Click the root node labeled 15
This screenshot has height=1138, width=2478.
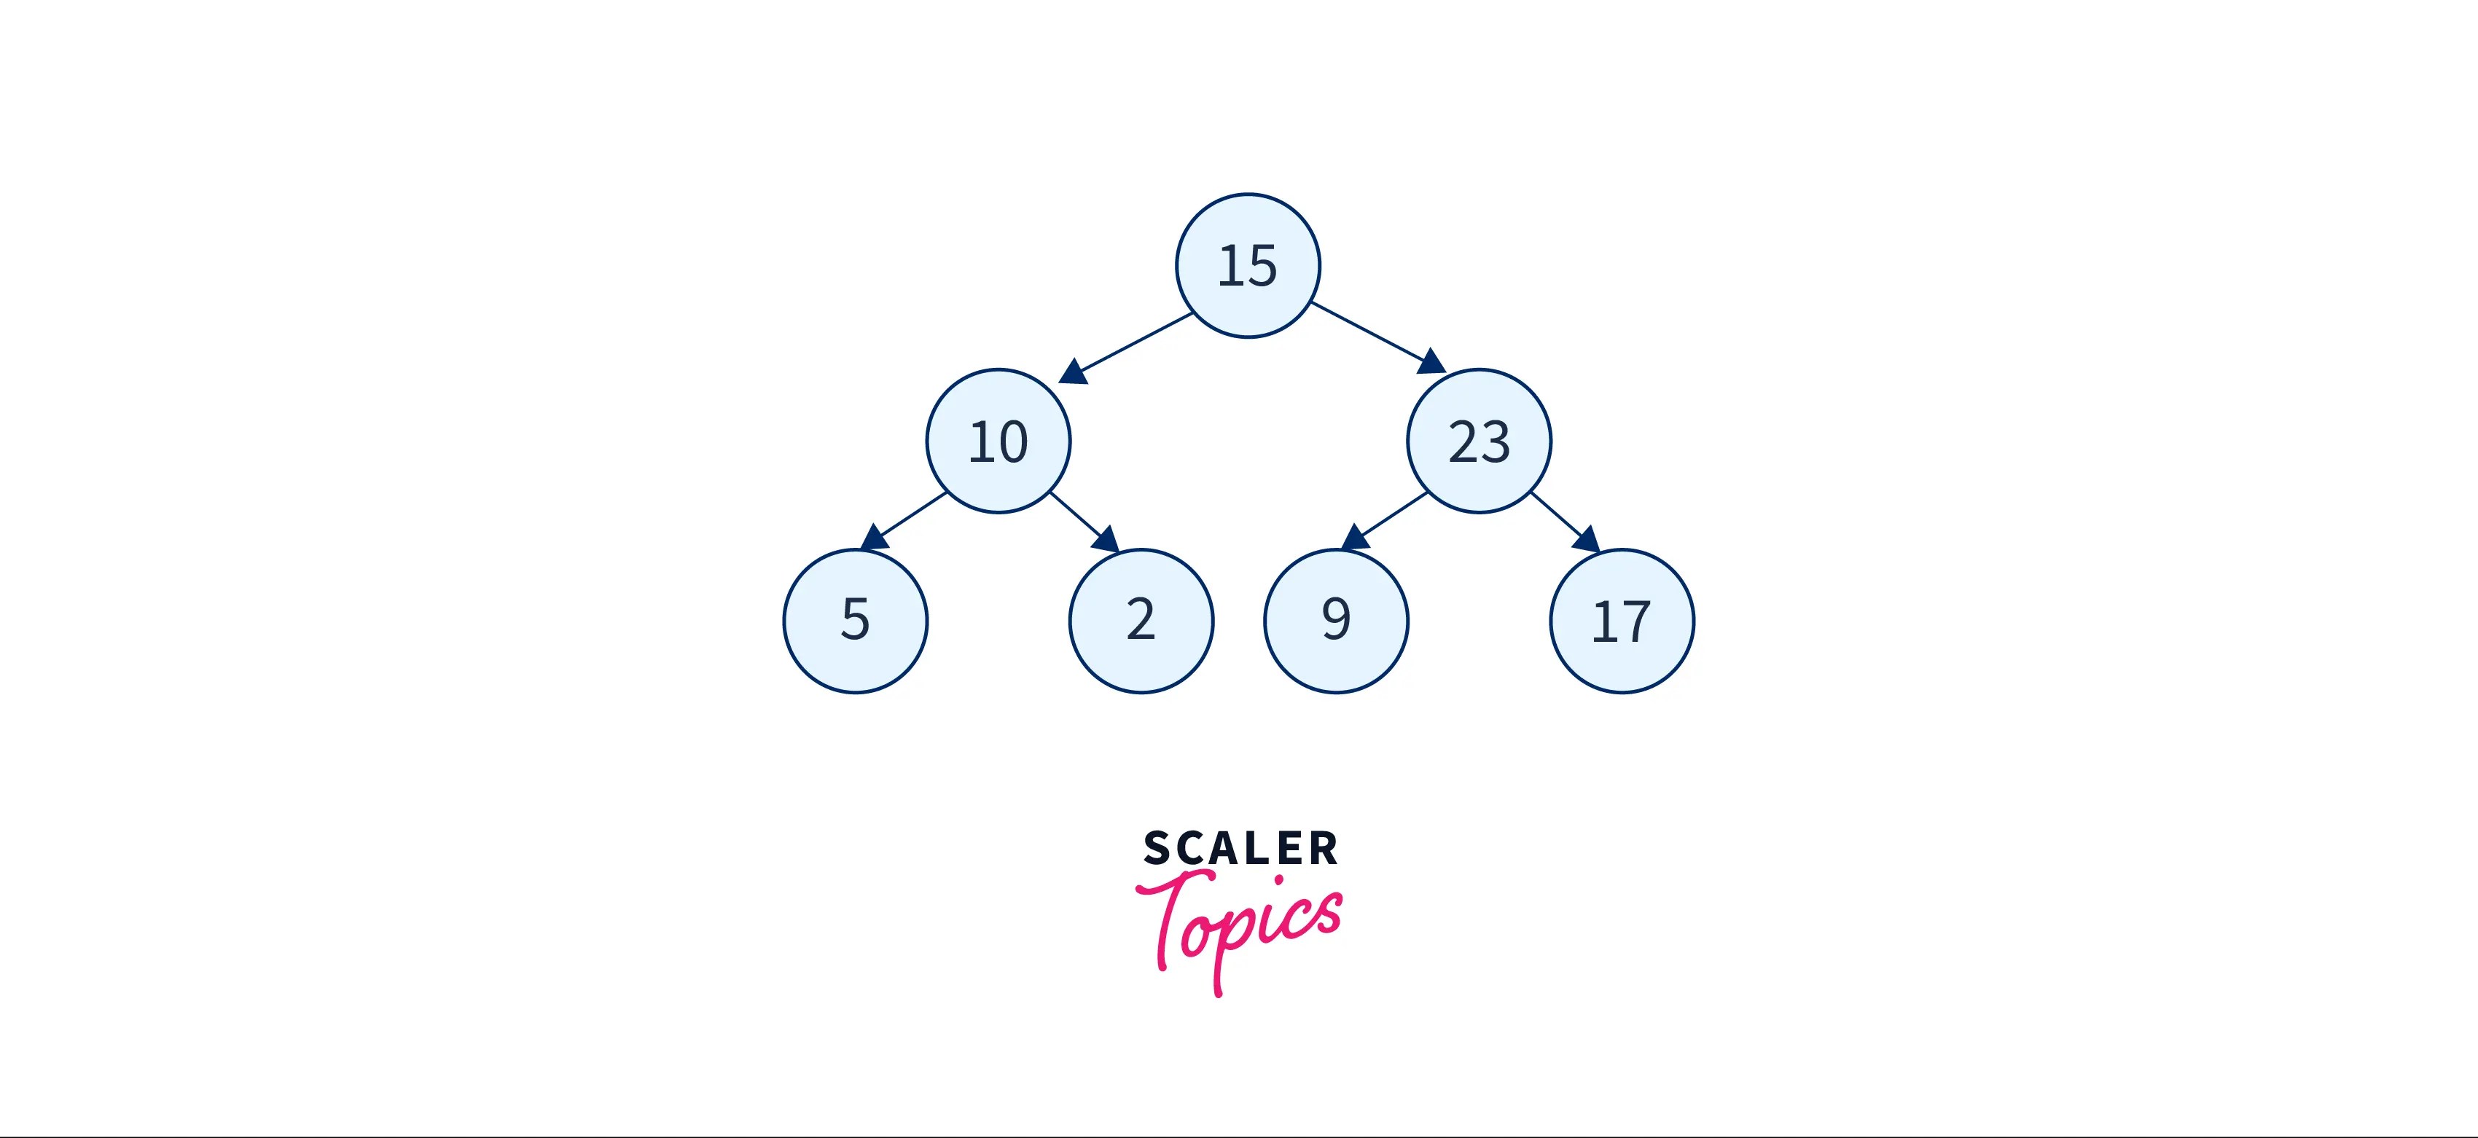click(1248, 265)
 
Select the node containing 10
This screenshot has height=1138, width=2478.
click(998, 441)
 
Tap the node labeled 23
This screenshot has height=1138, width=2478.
click(1479, 441)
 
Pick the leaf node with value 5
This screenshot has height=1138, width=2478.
click(855, 621)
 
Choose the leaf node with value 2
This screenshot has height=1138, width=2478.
click(1141, 621)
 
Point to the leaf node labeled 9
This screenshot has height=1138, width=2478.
click(1336, 621)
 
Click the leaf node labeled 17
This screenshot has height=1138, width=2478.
click(1622, 621)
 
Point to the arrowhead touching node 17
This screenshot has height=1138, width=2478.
click(1587, 540)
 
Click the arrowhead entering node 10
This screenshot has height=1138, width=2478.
click(1073, 372)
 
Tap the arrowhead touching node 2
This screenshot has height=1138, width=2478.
click(1107, 540)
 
